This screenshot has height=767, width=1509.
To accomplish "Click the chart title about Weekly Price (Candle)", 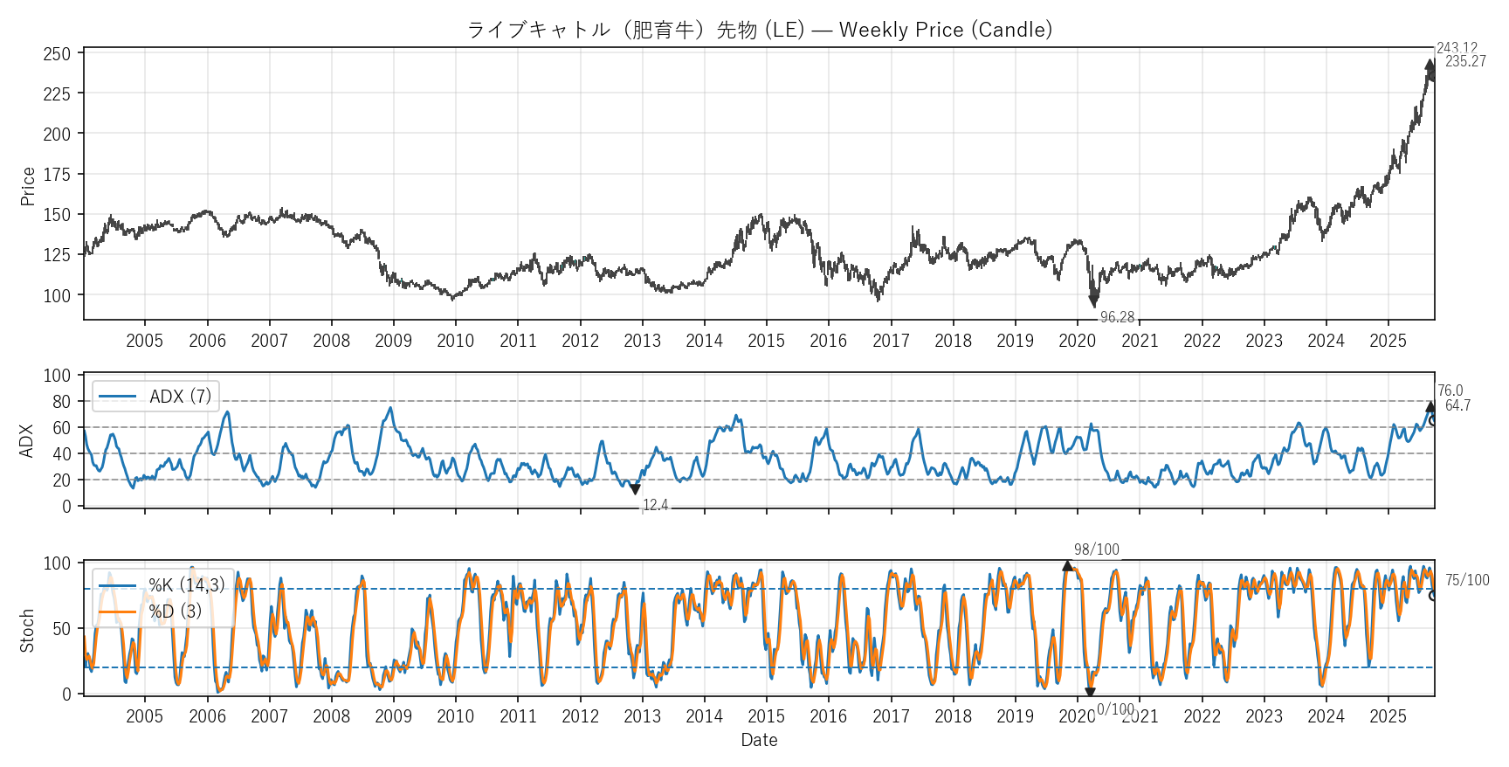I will pyautogui.click(x=759, y=30).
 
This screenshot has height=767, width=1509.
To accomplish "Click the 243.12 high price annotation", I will pyautogui.click(x=1457, y=49).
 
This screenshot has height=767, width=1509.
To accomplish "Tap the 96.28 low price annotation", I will pyautogui.click(x=1117, y=317).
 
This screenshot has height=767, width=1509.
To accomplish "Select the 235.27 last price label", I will pyautogui.click(x=1465, y=61).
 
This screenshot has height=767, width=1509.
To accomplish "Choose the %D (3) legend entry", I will pyautogui.click(x=175, y=612).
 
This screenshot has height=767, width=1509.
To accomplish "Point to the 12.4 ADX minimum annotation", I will pyautogui.click(x=655, y=505).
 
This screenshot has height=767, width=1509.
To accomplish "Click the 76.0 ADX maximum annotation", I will pyautogui.click(x=1450, y=391).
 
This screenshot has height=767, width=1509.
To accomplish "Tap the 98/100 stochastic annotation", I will pyautogui.click(x=1096, y=549).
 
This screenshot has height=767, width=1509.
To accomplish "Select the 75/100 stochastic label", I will pyautogui.click(x=1467, y=580).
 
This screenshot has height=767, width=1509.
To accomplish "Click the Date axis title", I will pyautogui.click(x=759, y=740).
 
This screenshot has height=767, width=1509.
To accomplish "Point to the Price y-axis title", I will pyautogui.click(x=28, y=186).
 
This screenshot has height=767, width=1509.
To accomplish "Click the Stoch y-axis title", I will pyautogui.click(x=28, y=631).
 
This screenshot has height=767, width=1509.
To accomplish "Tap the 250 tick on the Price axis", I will pyautogui.click(x=57, y=54).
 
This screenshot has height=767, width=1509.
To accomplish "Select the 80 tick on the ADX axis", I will pyautogui.click(x=61, y=402).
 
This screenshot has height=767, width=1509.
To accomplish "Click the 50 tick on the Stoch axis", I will pyautogui.click(x=61, y=629).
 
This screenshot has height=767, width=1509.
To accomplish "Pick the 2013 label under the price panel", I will pyautogui.click(x=642, y=341).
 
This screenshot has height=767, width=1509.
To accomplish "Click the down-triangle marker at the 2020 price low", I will pyautogui.click(x=1093, y=301).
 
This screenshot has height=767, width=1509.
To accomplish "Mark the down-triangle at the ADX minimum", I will pyautogui.click(x=635, y=490).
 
